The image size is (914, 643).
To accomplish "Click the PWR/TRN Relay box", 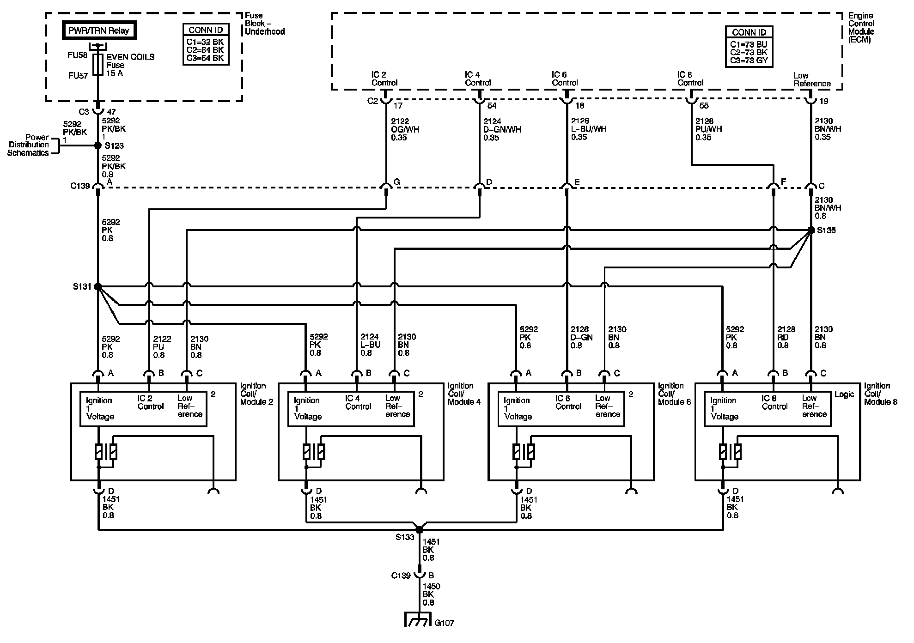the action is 99,31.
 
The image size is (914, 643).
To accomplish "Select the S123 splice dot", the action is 97,146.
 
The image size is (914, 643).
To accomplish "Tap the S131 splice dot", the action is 97,286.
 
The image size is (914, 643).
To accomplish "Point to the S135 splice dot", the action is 810,230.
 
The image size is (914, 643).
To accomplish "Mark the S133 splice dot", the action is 419,529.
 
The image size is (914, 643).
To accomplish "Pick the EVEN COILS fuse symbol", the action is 97,64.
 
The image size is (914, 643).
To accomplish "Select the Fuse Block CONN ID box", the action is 206,44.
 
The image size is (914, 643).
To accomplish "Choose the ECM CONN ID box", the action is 749,47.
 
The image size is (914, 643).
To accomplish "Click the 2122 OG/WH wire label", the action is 405,129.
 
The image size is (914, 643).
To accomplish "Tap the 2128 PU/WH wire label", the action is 708,129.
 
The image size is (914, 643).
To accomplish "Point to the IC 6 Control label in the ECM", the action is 565,79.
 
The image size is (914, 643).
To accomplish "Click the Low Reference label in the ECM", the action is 812,79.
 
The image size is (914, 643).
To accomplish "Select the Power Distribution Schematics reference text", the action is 28,145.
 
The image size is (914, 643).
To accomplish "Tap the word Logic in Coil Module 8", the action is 844,394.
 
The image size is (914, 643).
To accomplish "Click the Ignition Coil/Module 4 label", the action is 463,394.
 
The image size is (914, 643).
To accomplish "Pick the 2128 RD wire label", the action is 786,337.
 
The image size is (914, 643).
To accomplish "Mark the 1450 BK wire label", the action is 431,594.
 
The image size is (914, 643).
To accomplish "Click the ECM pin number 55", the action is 704,106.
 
